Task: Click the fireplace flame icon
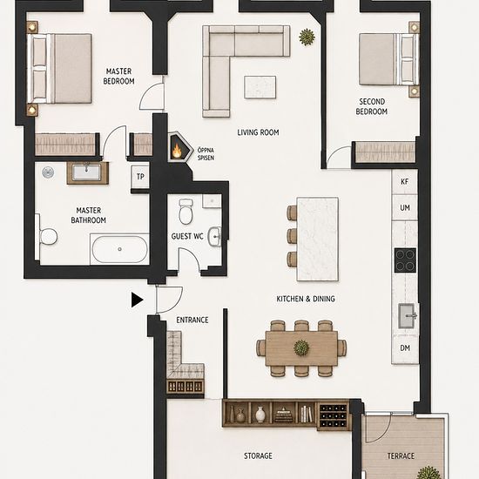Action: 177,150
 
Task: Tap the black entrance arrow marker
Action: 137,300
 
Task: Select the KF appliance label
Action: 404,181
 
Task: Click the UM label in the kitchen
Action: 405,208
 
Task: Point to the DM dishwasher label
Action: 405,347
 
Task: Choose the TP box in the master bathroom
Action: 140,177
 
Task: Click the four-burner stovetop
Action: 405,260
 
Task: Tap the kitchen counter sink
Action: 408,316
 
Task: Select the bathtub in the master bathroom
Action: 120,249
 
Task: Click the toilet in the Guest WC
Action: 186,211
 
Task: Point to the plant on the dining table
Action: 301,348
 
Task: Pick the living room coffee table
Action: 260,87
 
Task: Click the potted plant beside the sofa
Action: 307,37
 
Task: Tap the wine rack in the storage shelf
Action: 333,415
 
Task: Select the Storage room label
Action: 258,455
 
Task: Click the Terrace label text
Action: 401,456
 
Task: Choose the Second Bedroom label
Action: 372,106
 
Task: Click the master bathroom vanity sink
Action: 87,172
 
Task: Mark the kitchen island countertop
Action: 317,239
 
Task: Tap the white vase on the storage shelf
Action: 260,415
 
